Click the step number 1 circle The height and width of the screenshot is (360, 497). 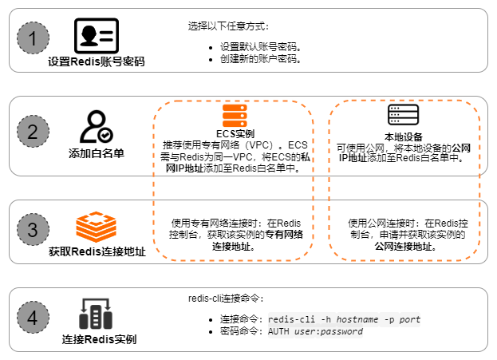coord(33,38)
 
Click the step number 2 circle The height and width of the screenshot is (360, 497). coord(33,133)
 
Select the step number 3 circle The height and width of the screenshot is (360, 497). coord(33,230)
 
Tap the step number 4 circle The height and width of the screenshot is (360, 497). coord(33,318)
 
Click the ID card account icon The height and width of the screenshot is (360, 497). coord(96,36)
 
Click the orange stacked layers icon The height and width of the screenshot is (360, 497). coord(96,227)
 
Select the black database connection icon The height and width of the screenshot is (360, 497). coord(95,314)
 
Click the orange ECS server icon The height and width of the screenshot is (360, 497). coord(235,116)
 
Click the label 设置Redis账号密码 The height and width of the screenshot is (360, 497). coord(96,61)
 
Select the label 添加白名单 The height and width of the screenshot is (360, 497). coord(96,152)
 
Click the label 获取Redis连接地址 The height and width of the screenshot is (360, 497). coord(97,252)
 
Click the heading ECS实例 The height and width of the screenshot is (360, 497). coord(235,133)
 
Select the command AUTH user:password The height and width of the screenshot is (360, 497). coord(315,331)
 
